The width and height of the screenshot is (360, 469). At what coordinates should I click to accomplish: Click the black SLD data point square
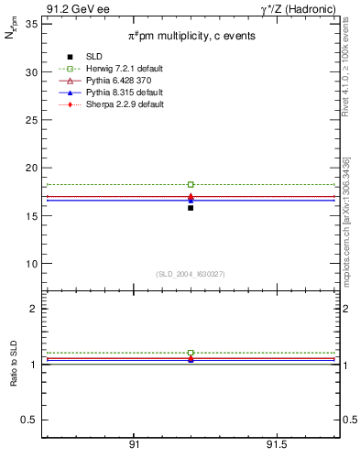[191, 208]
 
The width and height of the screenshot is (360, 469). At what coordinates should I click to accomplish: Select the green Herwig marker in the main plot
[191, 184]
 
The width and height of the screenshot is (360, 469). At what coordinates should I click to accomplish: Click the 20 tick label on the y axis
[31, 168]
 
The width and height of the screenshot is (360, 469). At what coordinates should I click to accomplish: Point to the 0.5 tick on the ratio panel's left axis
[29, 420]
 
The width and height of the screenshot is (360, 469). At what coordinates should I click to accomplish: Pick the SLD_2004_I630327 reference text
[191, 274]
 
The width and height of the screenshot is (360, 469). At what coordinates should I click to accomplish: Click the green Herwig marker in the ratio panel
[191, 353]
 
